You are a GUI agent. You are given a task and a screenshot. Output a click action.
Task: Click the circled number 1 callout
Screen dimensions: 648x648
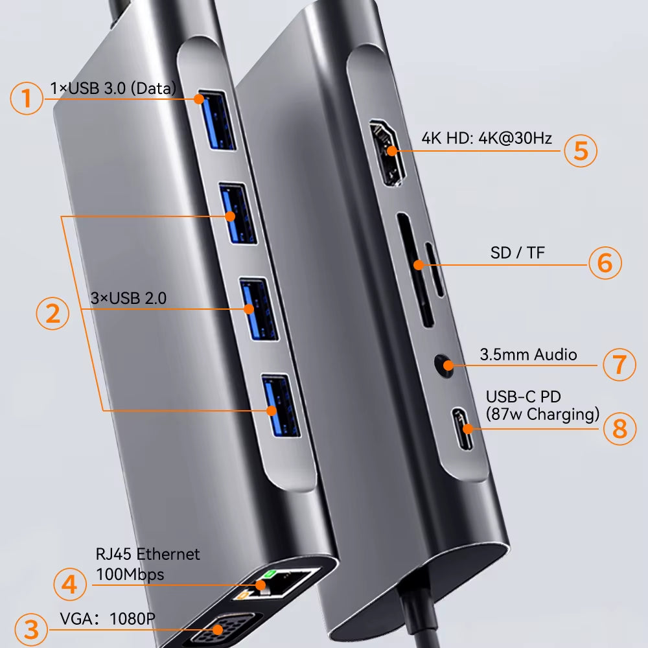[x=26, y=98]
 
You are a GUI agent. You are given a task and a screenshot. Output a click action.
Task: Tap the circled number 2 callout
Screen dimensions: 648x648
[x=52, y=314]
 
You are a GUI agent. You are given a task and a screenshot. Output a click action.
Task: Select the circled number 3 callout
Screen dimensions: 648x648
[x=27, y=629]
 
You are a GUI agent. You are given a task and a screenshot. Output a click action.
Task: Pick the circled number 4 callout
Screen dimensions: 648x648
[x=70, y=584]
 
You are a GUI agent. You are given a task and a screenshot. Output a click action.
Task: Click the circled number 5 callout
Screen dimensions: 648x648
[x=580, y=150]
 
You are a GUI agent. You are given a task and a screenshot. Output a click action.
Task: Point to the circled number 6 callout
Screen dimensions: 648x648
[x=605, y=262]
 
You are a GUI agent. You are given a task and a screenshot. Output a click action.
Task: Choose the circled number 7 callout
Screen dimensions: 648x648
[x=619, y=364]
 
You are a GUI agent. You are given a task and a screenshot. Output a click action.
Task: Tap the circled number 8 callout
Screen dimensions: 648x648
[x=619, y=428]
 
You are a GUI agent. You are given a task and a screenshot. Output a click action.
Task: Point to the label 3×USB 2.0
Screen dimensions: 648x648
[x=128, y=299]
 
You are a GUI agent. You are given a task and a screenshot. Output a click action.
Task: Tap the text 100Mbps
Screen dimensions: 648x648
[x=130, y=574]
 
